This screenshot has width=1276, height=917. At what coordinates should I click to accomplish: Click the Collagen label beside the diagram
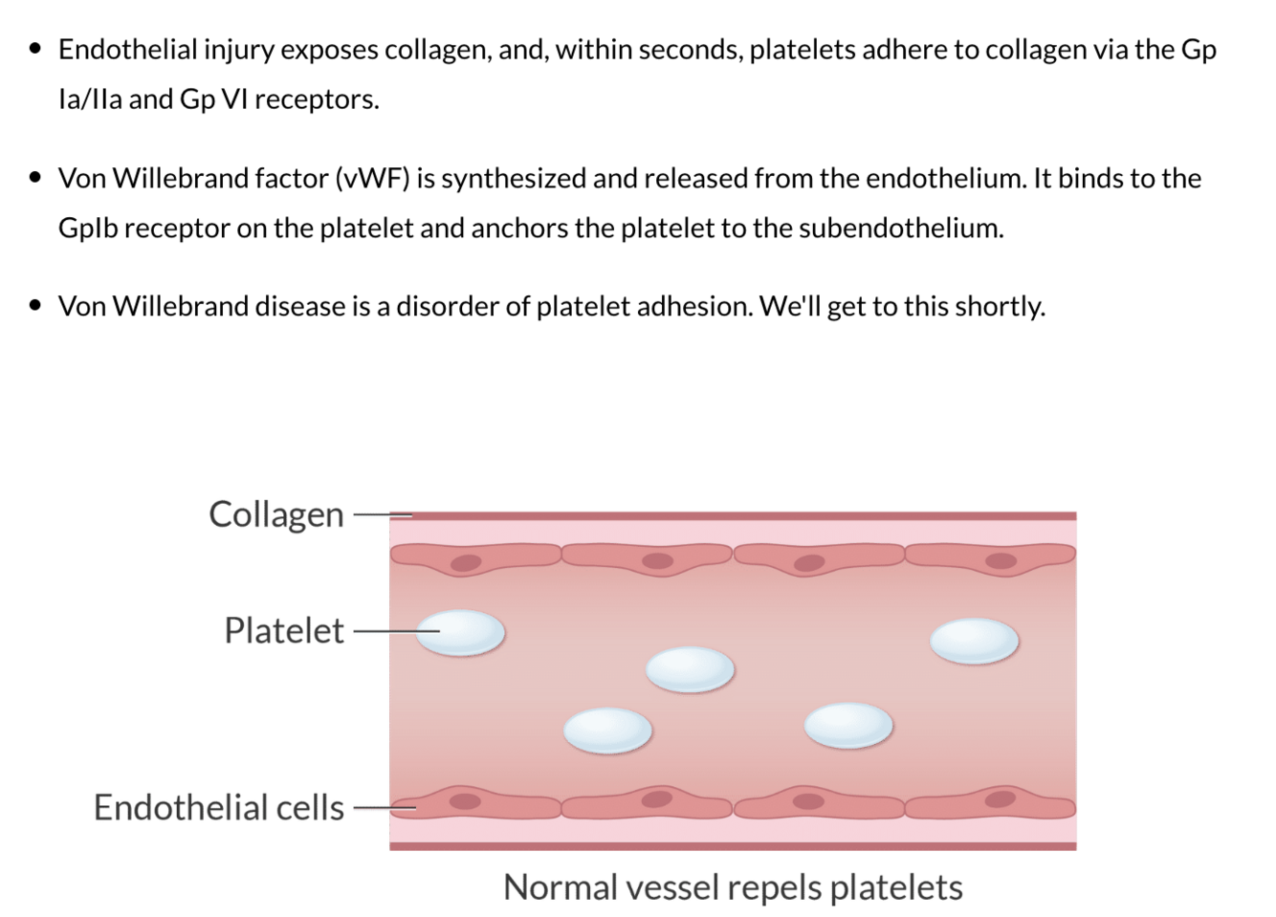pyautogui.click(x=275, y=514)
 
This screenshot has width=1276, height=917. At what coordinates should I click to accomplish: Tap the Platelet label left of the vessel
pyautogui.click(x=283, y=631)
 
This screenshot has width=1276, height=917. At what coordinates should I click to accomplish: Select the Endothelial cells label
pyautogui.click(x=218, y=808)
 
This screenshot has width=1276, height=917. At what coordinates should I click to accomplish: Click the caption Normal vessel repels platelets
pyautogui.click(x=733, y=887)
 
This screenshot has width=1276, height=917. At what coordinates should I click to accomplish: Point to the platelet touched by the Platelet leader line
pyautogui.click(x=461, y=632)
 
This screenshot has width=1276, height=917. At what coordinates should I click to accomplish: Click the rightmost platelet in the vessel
pyautogui.click(x=974, y=640)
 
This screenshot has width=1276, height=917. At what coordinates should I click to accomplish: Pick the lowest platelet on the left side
pyautogui.click(x=607, y=731)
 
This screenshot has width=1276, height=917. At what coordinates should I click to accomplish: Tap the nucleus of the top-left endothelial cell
pyautogui.click(x=466, y=563)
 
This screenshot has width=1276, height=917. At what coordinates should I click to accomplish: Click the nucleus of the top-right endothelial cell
pyautogui.click(x=1001, y=560)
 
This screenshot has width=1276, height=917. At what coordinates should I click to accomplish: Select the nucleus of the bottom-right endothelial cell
pyautogui.click(x=1001, y=798)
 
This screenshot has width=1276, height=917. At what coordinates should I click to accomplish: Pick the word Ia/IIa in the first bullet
pyautogui.click(x=90, y=99)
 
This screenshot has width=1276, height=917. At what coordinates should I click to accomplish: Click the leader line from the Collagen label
pyautogui.click(x=381, y=515)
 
